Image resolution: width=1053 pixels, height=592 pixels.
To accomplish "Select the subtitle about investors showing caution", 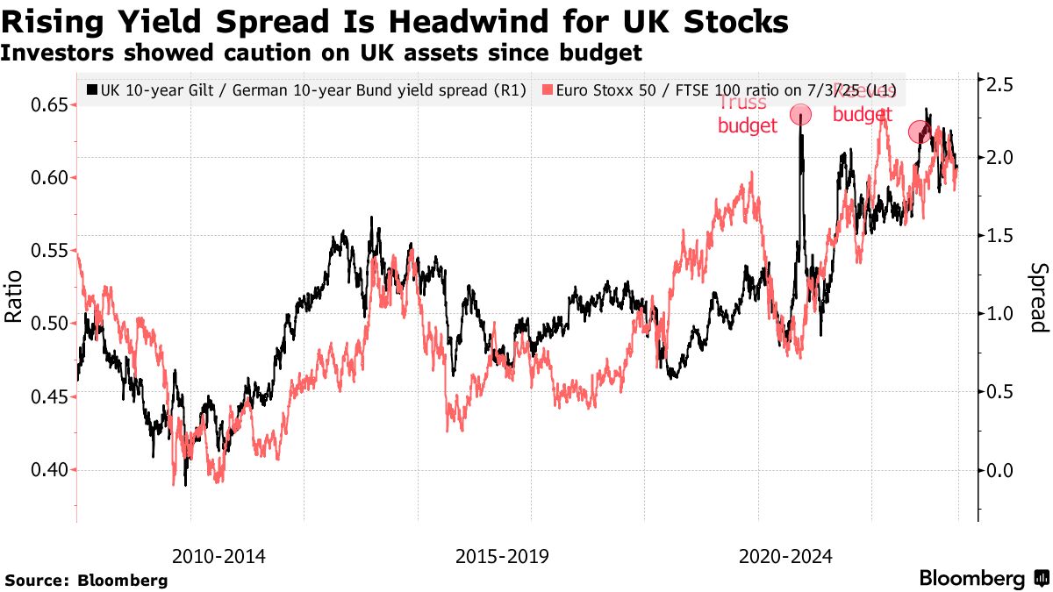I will (x=321, y=53).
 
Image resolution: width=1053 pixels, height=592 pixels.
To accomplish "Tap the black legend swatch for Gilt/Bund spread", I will (x=92, y=89).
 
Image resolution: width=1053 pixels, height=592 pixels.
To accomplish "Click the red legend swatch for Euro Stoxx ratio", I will (x=548, y=89).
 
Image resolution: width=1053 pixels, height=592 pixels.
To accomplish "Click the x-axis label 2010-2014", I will (x=218, y=556).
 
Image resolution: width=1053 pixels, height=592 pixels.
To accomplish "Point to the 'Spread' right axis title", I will (x=1038, y=298).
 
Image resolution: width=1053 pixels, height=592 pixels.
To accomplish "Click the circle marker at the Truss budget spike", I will (x=800, y=114).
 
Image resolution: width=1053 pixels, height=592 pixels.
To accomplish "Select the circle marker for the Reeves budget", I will (x=919, y=132).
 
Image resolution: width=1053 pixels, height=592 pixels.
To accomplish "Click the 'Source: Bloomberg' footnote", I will (x=86, y=580).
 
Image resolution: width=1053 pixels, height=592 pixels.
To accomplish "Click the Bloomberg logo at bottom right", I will (x=984, y=579).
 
